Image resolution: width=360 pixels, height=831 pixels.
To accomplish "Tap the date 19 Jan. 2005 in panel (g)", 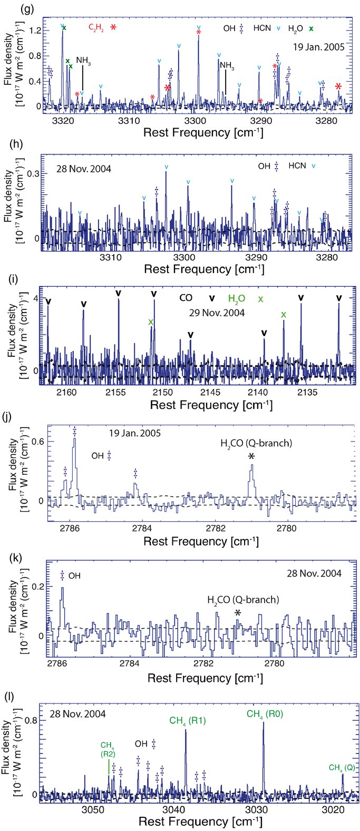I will pos(316,46).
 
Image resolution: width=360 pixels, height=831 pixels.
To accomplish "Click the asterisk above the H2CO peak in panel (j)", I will pos(252,456).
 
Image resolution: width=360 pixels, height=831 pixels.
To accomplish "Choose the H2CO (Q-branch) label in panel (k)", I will pos(242,600).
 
